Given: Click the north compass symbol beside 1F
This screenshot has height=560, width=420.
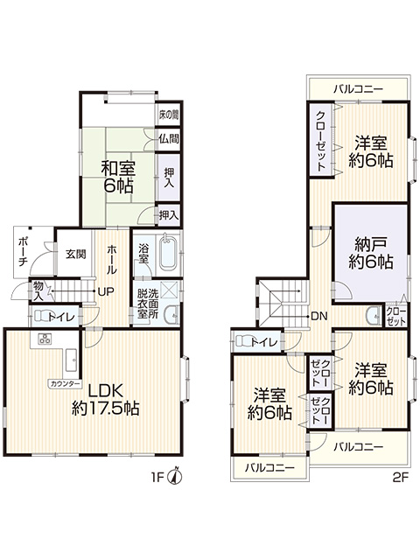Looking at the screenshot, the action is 176,476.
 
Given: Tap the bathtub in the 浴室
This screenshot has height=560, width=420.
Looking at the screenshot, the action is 167,252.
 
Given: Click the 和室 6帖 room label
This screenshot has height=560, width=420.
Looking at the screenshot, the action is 118,177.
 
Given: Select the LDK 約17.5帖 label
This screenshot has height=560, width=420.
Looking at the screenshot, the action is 106,400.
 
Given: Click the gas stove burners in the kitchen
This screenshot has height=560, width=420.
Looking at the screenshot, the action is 45,339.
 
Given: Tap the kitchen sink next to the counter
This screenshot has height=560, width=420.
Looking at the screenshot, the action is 71,360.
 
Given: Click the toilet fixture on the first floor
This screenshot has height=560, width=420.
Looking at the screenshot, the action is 44,316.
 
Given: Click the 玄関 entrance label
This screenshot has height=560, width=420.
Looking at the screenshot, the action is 76,254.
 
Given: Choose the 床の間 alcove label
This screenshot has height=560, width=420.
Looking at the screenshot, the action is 169,115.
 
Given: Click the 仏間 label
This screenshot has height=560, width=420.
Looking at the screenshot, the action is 169,138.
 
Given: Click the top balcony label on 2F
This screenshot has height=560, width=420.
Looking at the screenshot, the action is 358,89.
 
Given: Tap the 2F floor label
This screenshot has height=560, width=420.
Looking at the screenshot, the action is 401,478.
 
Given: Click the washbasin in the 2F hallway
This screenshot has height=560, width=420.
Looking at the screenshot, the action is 374,315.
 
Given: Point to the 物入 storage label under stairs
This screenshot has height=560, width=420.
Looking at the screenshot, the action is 38,291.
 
